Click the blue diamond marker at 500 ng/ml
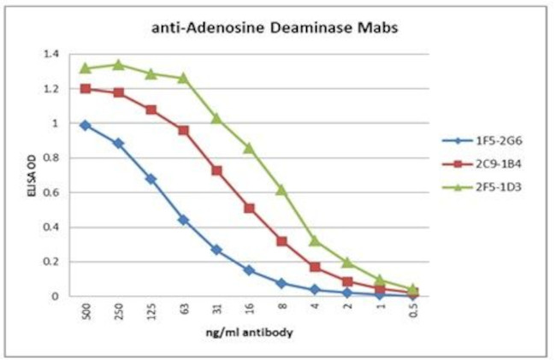click(x=86, y=125)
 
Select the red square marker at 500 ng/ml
click(x=86, y=88)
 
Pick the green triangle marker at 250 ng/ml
click(x=118, y=64)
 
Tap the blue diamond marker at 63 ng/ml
click(x=183, y=220)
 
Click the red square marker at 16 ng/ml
click(x=249, y=208)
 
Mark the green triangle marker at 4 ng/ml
click(x=315, y=240)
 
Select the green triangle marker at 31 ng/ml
click(x=216, y=118)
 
